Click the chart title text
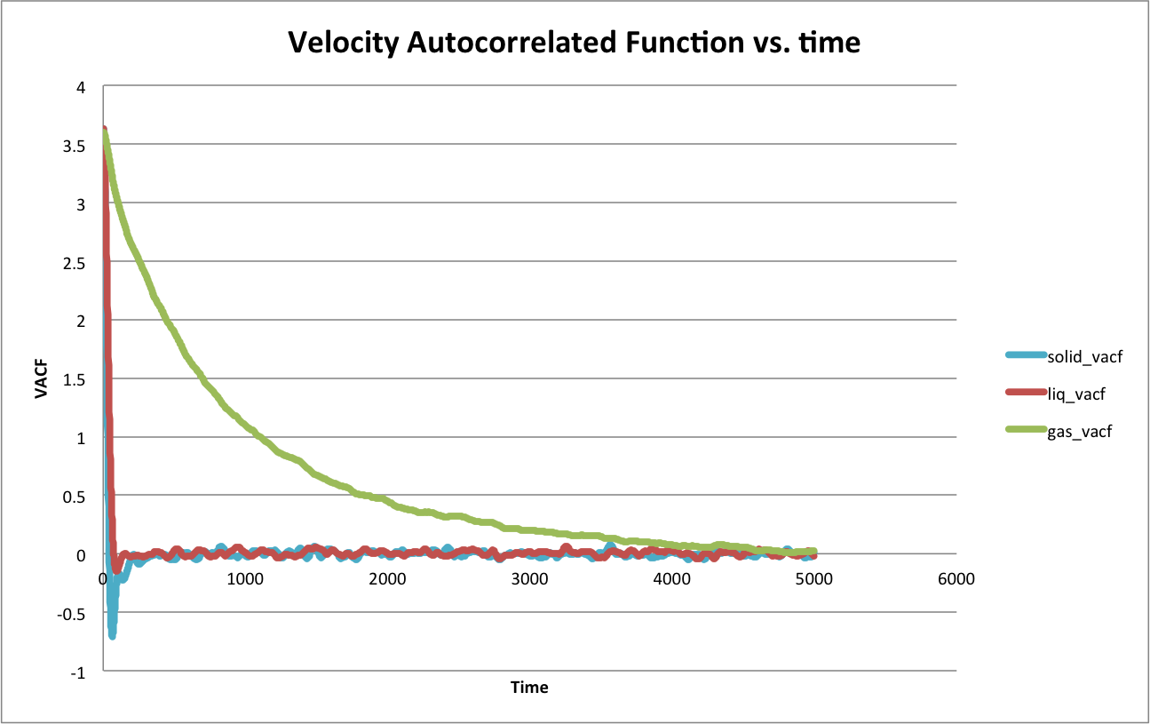point(574,42)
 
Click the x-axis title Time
point(529,688)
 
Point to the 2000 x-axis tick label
point(387,578)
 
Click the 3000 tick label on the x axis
point(529,578)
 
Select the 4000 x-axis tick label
point(671,578)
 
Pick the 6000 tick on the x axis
point(956,578)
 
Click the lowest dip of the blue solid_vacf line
point(112,635)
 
